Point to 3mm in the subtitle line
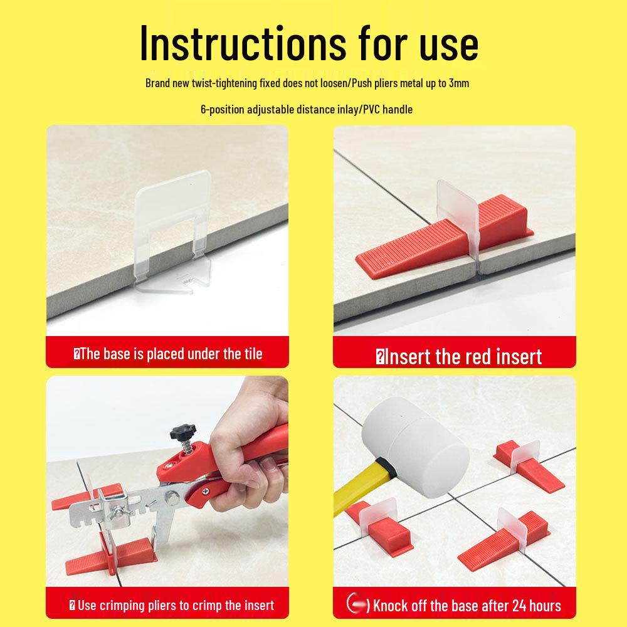pos(459,83)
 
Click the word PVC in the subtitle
pos(371,109)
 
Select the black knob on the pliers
pos(182,432)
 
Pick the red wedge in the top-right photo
pos(444,236)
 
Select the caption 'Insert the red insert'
pos(459,356)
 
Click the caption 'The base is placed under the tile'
pos(168,354)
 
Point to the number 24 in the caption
pos(519,606)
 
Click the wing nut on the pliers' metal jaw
pos(120,510)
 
